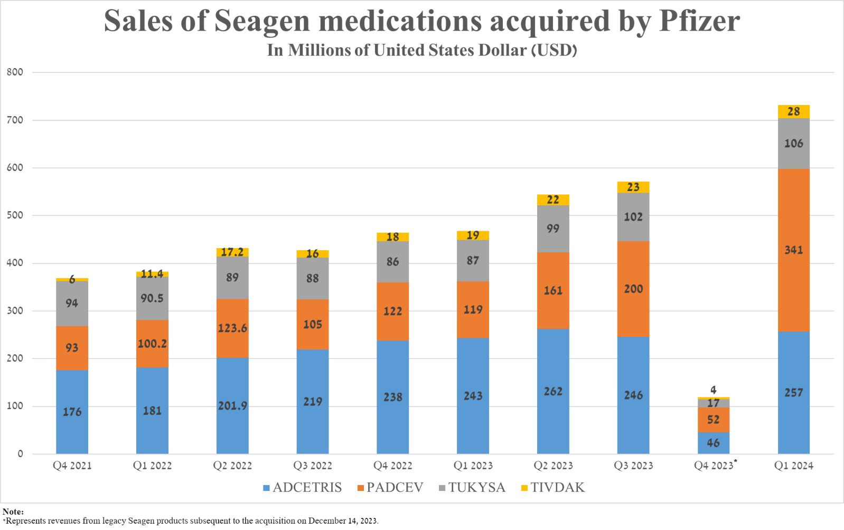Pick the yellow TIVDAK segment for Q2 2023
click(x=553, y=200)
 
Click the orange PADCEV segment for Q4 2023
click(x=713, y=420)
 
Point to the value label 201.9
click(x=232, y=406)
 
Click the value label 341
click(x=793, y=250)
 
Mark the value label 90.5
click(x=152, y=298)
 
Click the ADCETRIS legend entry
click(x=302, y=487)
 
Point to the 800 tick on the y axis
click(x=15, y=72)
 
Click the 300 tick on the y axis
click(x=15, y=311)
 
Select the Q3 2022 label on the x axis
click(x=313, y=466)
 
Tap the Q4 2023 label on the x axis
click(x=714, y=466)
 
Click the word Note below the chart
click(x=12, y=512)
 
